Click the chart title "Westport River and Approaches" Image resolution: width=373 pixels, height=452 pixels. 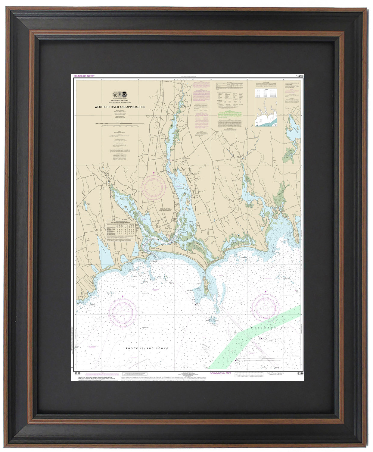(x=120, y=107)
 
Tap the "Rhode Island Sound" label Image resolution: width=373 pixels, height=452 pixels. (x=147, y=348)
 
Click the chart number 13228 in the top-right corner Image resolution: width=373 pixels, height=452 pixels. (x=299, y=76)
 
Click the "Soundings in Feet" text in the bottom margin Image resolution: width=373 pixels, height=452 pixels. (x=220, y=373)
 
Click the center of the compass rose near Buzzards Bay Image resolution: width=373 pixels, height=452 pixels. (x=266, y=307)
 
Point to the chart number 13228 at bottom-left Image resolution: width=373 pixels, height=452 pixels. (x=76, y=374)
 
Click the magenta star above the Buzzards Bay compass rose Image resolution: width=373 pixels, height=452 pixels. (x=266, y=291)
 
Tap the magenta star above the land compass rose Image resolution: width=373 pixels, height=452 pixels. (x=154, y=173)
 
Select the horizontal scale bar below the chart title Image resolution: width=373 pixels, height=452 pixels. (x=120, y=124)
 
